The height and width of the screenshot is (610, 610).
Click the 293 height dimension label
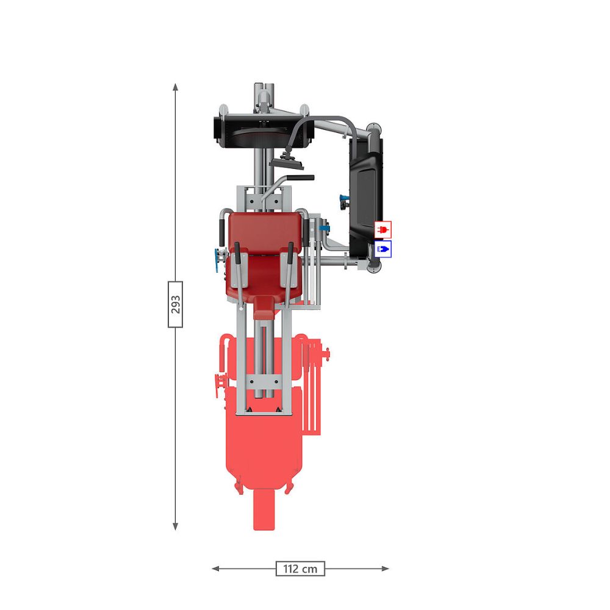point(176,304)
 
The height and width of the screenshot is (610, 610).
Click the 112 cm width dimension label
point(300,569)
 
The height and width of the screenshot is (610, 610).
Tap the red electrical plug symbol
point(383,229)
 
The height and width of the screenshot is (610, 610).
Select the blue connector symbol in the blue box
point(383,249)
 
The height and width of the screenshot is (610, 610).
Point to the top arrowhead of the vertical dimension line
point(176,87)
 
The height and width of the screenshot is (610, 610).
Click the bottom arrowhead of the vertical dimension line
point(176,526)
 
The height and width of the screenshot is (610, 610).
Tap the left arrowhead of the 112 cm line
point(215,569)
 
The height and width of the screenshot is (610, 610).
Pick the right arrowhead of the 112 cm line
point(385,569)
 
